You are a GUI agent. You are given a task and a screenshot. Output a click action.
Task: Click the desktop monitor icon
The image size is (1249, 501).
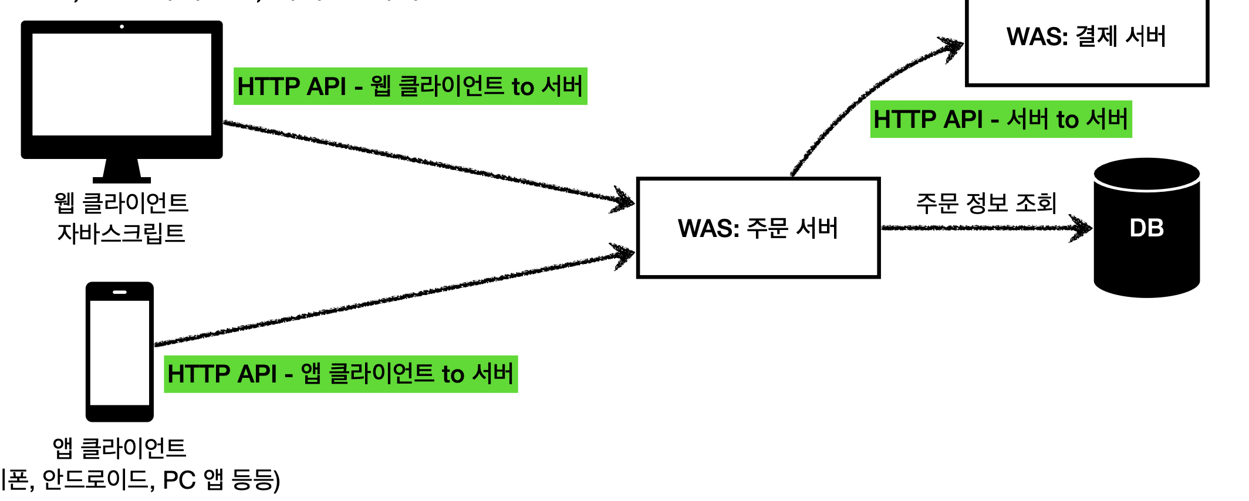pos(121,88)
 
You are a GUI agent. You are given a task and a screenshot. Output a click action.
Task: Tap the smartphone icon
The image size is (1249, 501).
pos(120,352)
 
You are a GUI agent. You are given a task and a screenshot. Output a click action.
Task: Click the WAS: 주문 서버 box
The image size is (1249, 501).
pos(758,228)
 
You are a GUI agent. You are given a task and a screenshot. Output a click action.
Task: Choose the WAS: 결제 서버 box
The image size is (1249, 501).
pos(1086,41)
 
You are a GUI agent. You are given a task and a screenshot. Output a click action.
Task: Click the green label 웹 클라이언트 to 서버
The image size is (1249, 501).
pos(410,87)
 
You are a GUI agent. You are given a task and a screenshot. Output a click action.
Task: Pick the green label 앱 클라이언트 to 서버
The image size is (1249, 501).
pos(340,374)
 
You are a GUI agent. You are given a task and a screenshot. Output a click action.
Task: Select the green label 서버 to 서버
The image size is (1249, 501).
pos(1001,120)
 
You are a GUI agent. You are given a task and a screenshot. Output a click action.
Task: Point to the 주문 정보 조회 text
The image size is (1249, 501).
pos(986,203)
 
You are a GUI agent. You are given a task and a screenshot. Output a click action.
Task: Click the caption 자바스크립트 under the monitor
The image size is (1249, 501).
pos(121,233)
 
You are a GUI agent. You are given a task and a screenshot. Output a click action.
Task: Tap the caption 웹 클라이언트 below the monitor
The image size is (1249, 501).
pos(121,202)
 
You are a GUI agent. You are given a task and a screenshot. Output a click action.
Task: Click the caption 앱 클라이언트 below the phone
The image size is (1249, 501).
pos(120,448)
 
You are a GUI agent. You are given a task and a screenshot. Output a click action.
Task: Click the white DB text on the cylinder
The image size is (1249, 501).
pos(1146,228)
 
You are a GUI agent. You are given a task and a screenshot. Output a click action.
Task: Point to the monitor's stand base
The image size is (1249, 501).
pos(122,179)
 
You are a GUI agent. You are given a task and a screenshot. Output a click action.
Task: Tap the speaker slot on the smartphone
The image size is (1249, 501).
pos(120,292)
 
